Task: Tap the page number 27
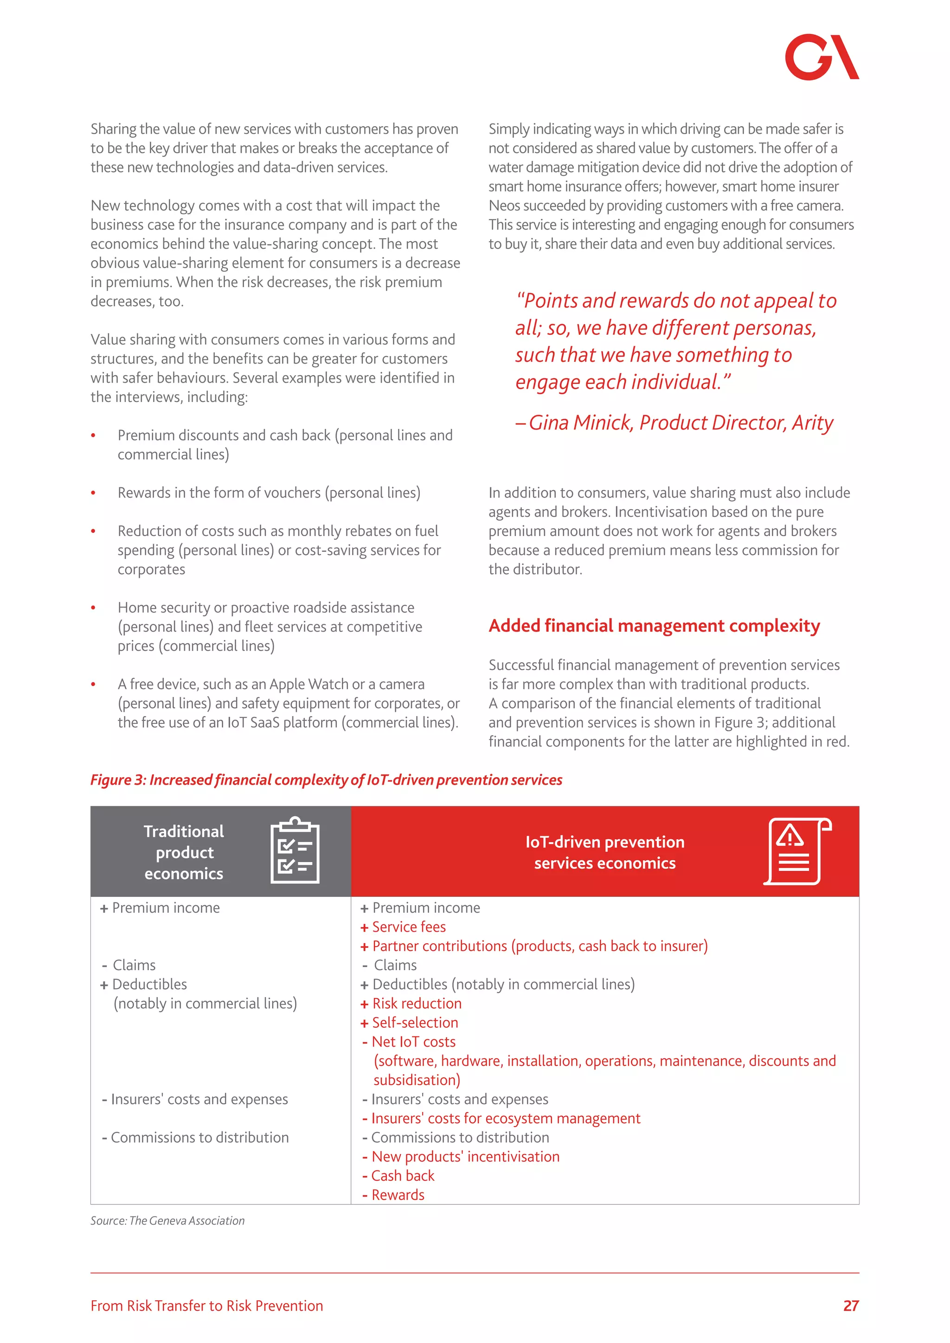coord(851,1305)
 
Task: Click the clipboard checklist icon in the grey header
coord(295,851)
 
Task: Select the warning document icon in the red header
coord(797,851)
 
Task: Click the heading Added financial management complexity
coord(654,626)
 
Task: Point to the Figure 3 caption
coord(326,780)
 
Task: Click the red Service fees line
coord(408,927)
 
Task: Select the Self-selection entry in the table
coord(415,1023)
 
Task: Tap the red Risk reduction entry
coord(417,1004)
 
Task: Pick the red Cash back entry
coord(403,1176)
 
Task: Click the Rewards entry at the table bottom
coord(398,1195)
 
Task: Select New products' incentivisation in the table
coord(465,1157)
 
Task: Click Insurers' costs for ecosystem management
coord(506,1119)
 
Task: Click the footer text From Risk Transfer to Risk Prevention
coord(206,1305)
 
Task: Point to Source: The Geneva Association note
coord(167,1221)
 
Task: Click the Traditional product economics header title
coord(184,852)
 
